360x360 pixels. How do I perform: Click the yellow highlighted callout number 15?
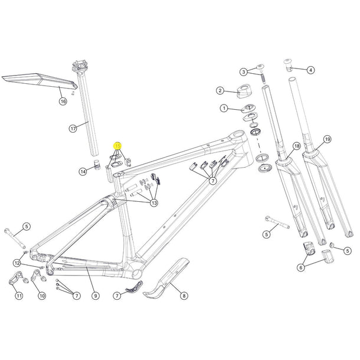[x=118, y=145]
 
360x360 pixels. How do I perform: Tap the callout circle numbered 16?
[x=63, y=102]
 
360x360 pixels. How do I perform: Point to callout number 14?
[x=83, y=172]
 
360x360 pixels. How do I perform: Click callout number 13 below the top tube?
[x=154, y=204]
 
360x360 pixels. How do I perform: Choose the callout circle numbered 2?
[x=220, y=91]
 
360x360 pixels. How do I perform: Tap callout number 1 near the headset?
[x=224, y=109]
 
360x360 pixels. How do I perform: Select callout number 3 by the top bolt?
[x=243, y=71]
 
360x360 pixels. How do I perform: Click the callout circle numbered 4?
[x=310, y=70]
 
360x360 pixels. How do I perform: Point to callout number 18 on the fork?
[x=296, y=146]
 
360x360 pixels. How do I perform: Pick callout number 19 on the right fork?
[x=328, y=140]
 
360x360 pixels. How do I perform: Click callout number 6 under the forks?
[x=300, y=267]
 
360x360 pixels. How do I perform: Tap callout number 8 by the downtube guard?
[x=184, y=296]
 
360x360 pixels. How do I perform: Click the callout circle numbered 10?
[x=41, y=296]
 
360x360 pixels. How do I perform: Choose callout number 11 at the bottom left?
[x=19, y=296]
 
